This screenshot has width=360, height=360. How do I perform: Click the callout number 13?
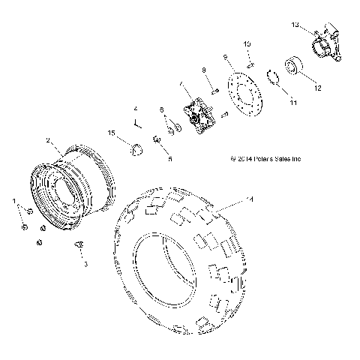(x=295, y=25)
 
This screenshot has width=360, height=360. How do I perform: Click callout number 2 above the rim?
(x=48, y=140)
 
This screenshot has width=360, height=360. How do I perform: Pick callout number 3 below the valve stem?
(x=85, y=264)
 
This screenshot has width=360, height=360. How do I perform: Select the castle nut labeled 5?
(x=156, y=139)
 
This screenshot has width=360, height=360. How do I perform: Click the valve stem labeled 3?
(x=79, y=246)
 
